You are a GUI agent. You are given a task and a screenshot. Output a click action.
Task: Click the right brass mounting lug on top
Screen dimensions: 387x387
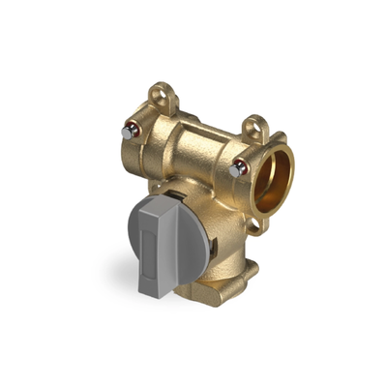coord(255,128)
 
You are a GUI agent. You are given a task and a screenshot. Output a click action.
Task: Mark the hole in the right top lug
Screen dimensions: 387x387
coord(255,126)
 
